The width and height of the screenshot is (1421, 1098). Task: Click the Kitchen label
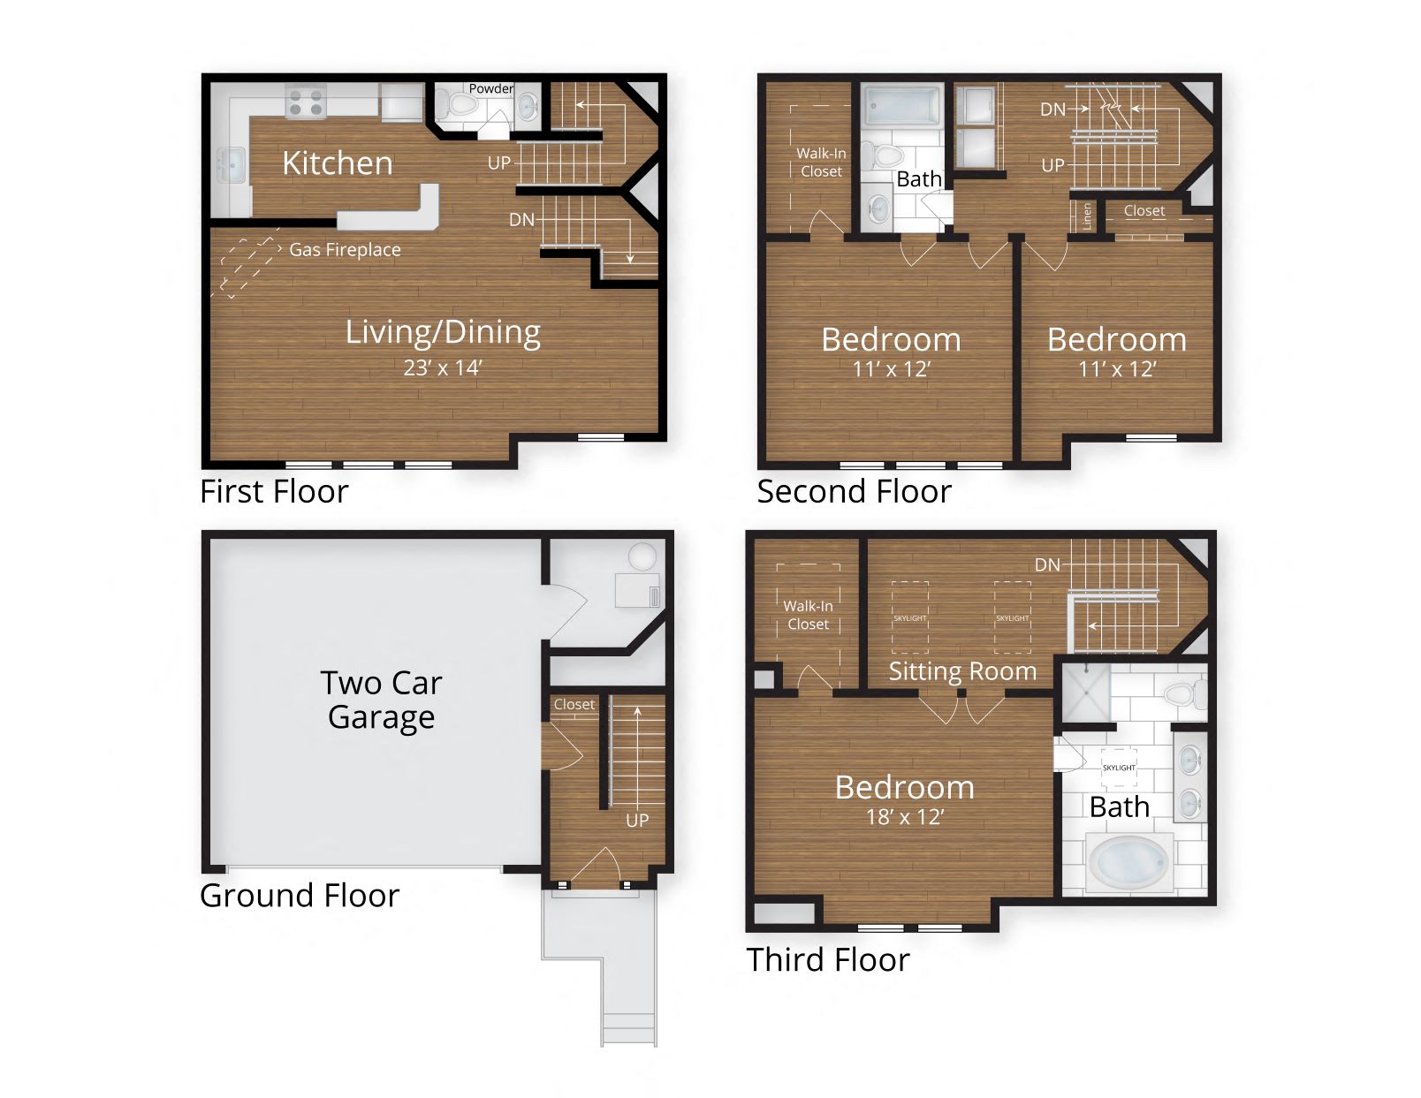tap(337, 163)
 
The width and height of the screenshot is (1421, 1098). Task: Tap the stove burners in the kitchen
tap(306, 102)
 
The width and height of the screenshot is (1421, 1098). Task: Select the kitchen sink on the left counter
tap(232, 164)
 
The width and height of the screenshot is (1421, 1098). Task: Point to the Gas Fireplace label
tap(345, 250)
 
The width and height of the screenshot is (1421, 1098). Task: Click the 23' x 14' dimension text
tap(442, 367)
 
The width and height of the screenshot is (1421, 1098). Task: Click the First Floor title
tap(274, 491)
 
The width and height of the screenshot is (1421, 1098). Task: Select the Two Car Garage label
tap(381, 700)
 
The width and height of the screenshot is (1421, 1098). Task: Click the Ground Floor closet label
tap(574, 704)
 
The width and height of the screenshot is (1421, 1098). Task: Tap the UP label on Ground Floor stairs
tap(637, 820)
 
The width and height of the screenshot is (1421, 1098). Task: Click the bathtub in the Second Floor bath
tap(901, 106)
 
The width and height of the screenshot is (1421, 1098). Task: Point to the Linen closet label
tap(1087, 216)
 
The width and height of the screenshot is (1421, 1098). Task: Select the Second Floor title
tap(854, 491)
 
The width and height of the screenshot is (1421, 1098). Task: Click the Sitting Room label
tap(962, 671)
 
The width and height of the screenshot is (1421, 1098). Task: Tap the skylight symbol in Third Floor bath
tap(1119, 767)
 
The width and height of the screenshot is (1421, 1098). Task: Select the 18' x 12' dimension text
tap(905, 817)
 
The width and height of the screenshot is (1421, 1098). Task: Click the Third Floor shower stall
tap(1085, 693)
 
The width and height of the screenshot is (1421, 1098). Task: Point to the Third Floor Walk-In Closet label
tap(808, 615)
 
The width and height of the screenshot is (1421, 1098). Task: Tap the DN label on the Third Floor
tap(1047, 564)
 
